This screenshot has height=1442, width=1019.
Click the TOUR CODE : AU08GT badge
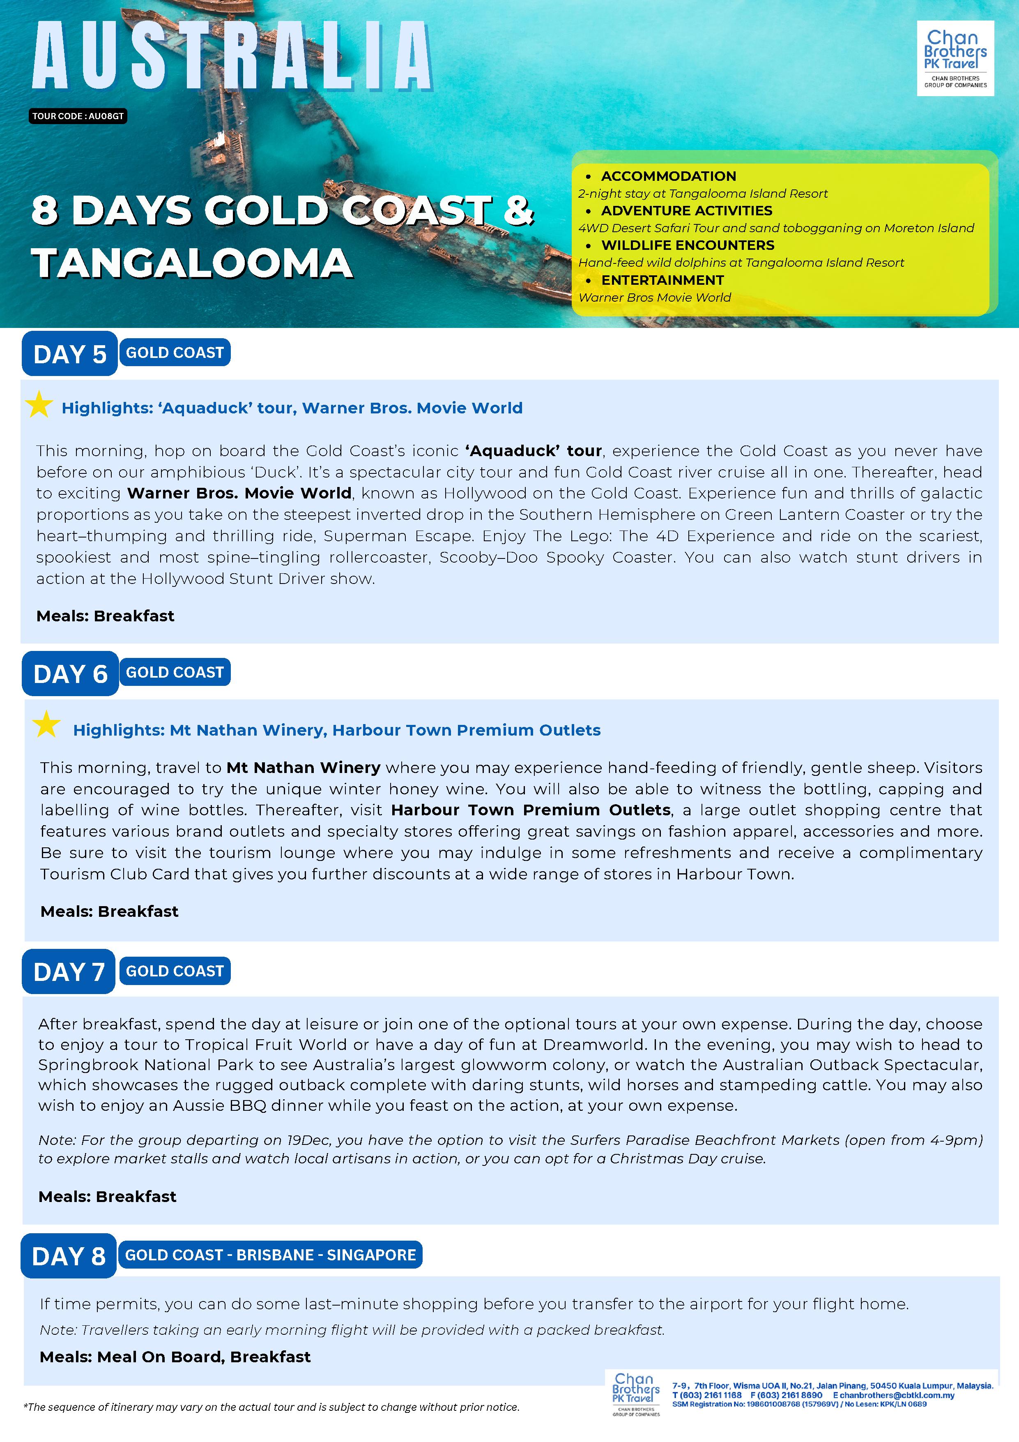(x=78, y=116)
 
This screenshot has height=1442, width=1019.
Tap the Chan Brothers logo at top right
(x=955, y=58)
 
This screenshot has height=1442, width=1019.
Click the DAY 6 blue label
(x=70, y=674)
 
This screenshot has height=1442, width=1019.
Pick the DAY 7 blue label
(x=69, y=971)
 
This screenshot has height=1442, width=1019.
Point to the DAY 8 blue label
(x=69, y=1256)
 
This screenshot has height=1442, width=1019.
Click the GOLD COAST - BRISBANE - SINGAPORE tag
(x=270, y=1255)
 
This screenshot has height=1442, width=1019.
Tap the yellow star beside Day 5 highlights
(x=39, y=405)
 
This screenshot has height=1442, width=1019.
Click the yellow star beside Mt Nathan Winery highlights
(x=46, y=725)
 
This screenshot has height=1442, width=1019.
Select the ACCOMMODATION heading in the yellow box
(x=668, y=176)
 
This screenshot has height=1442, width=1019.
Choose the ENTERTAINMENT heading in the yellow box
(x=662, y=280)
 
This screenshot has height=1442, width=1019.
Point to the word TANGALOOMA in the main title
(x=192, y=263)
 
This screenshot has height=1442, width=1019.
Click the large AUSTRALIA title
(x=232, y=57)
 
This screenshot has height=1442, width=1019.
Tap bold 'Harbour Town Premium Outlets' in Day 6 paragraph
(x=531, y=810)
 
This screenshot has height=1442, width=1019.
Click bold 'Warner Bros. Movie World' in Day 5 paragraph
(x=239, y=493)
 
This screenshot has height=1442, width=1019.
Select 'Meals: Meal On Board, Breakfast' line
(x=175, y=1357)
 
